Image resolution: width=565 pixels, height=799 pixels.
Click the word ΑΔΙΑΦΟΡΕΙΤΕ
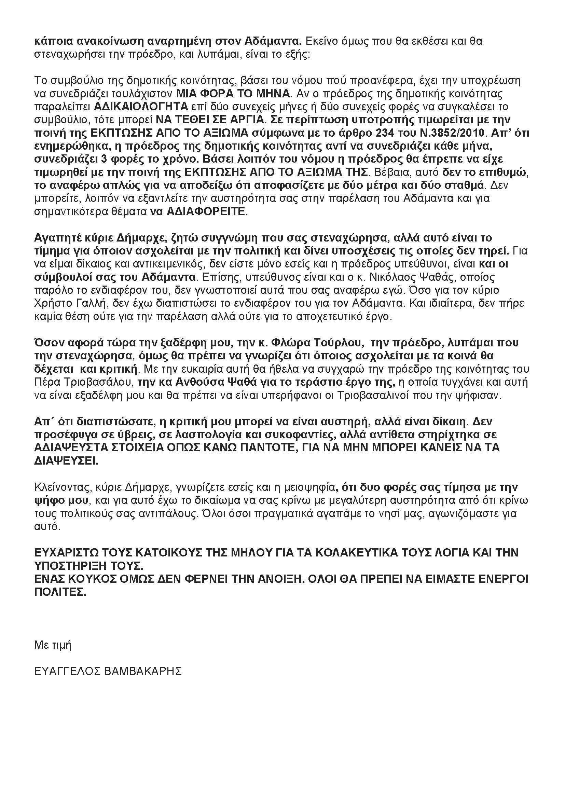(x=206, y=212)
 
